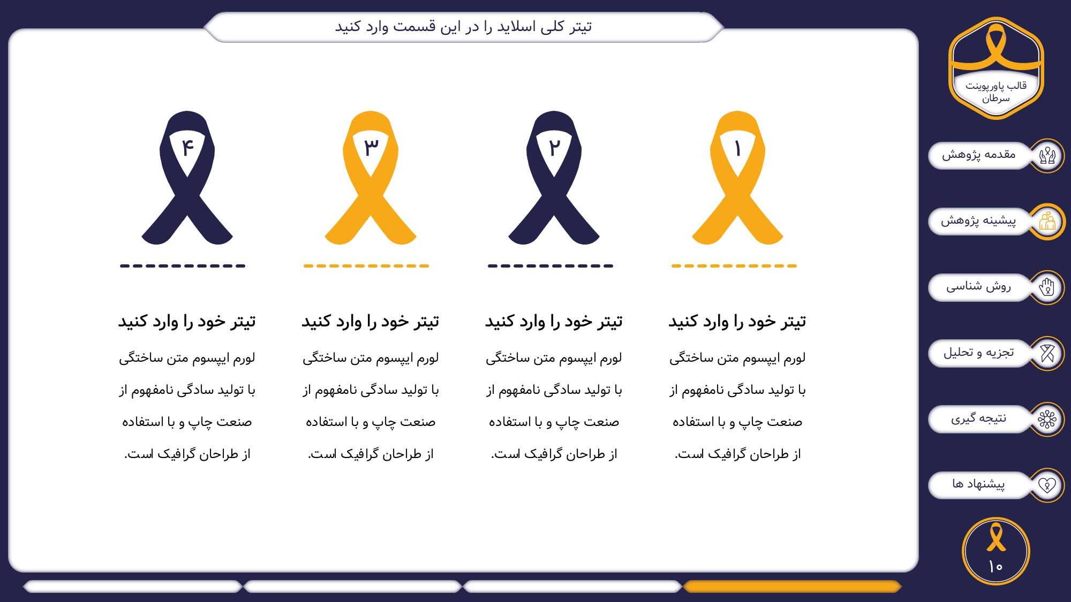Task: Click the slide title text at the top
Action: coord(463,26)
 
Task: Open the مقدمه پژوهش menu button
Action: coord(979,155)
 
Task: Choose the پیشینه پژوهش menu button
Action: coord(979,221)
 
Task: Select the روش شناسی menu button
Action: coord(979,287)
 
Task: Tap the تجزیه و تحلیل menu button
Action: coord(979,353)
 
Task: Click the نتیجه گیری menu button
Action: coord(979,418)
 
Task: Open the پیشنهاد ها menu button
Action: coord(979,484)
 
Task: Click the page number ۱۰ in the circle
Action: coord(995,566)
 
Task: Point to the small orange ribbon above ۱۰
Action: coord(996,537)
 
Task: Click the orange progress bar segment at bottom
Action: coord(792,586)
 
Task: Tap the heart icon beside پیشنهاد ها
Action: coord(1047,485)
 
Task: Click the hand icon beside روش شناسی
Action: coord(1047,287)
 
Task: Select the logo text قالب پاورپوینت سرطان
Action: coord(996,92)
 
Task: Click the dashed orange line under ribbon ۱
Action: coord(734,265)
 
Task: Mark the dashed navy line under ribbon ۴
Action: coord(183,265)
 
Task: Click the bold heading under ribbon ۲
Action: coord(554,321)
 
